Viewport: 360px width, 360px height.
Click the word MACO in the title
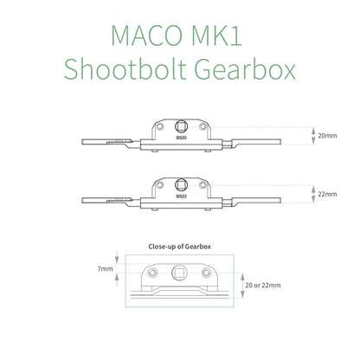[147, 35]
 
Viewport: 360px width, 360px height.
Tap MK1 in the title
[216, 35]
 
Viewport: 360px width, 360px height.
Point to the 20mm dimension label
[327, 136]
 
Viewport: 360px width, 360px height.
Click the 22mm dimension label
[327, 194]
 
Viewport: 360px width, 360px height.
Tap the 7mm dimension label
[105, 269]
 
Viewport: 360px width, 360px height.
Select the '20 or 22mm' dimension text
[263, 286]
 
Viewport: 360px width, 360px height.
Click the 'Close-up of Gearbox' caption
[179, 247]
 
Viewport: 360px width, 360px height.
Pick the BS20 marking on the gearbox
[182, 138]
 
